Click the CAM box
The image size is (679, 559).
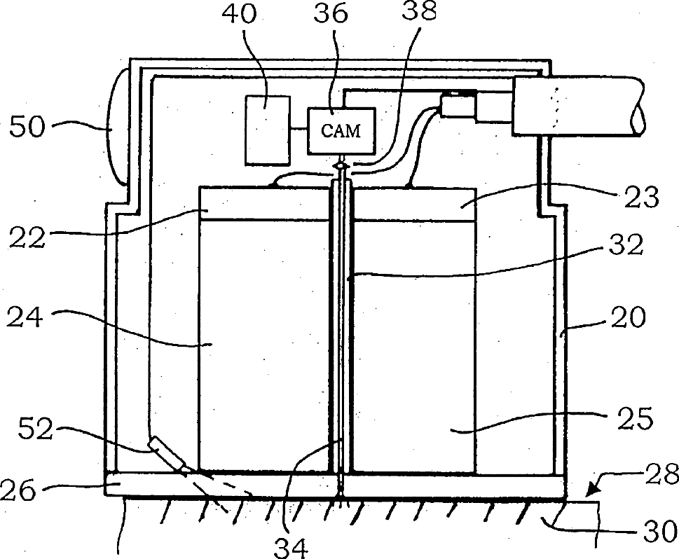[x=342, y=131]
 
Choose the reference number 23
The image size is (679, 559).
[x=640, y=198]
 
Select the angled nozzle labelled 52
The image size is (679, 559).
[x=167, y=454]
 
